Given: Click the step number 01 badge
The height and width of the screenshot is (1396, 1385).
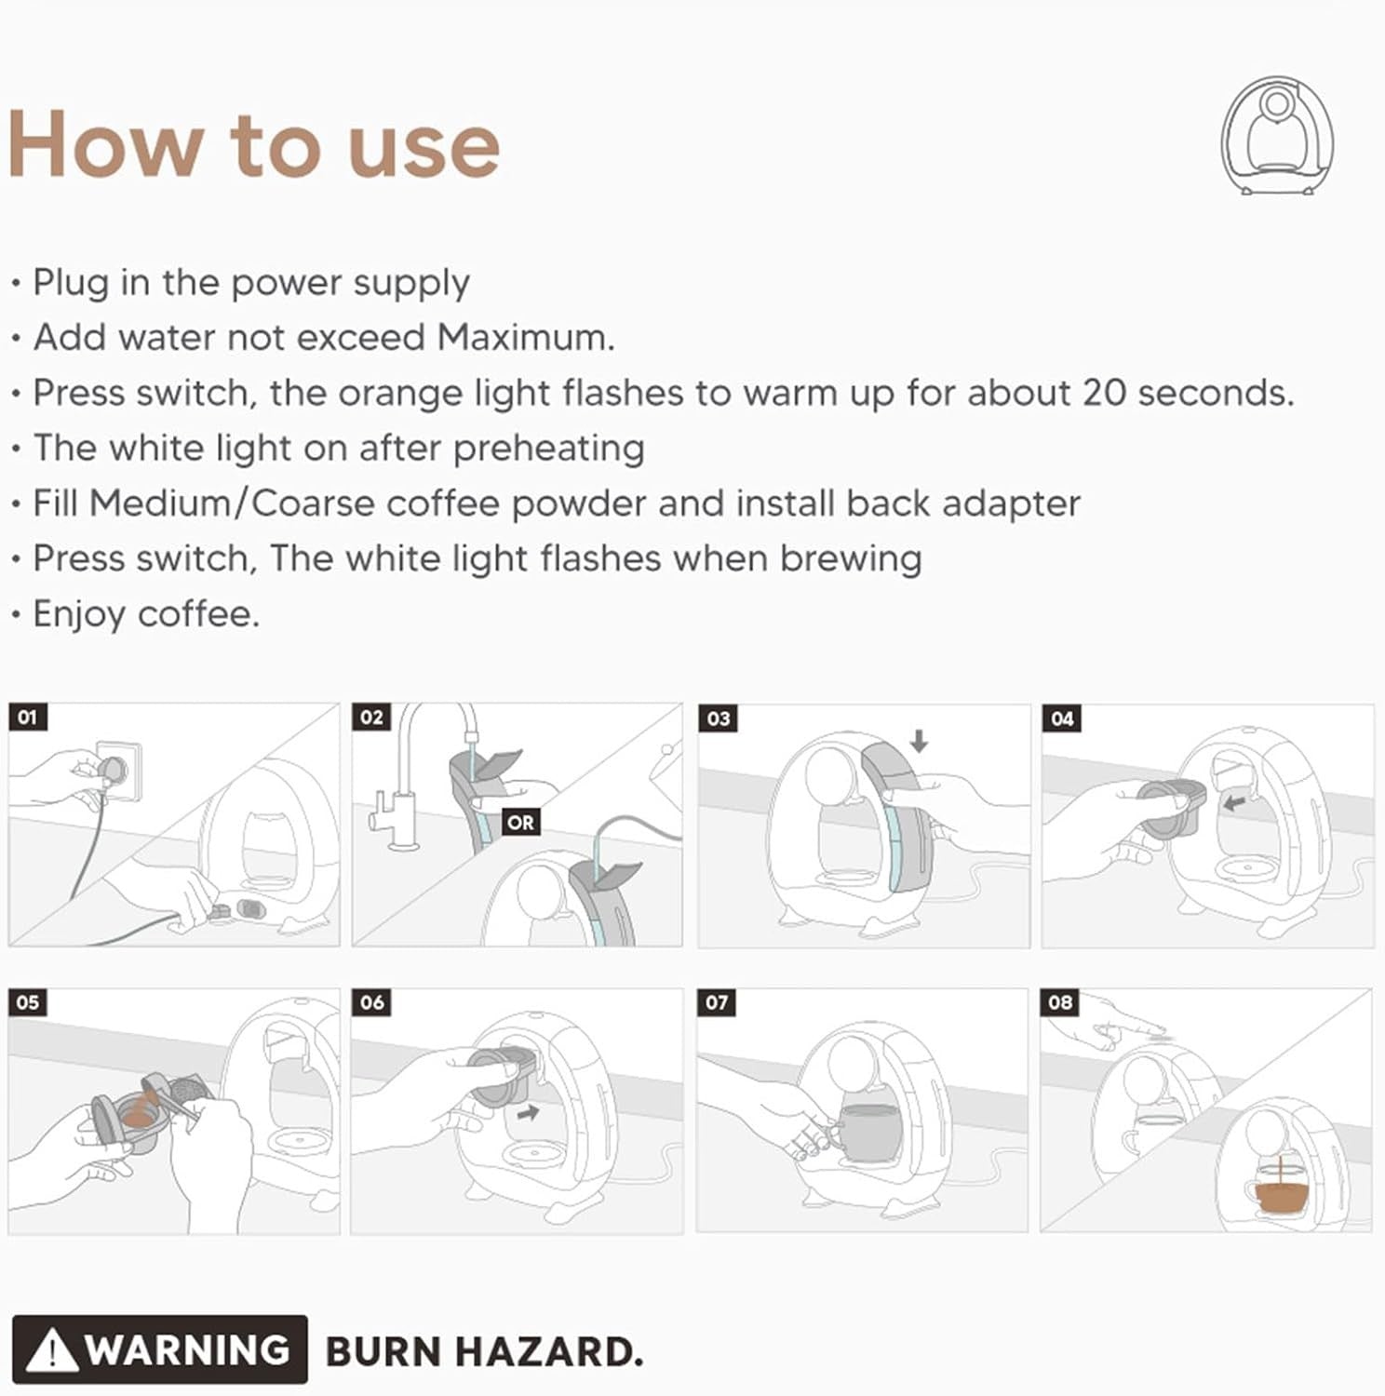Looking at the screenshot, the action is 27,718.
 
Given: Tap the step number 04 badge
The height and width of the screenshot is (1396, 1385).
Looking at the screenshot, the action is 1062,718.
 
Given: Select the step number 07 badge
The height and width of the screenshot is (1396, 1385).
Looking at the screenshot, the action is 717,1002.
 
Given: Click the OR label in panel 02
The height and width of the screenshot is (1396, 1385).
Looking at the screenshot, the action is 521,823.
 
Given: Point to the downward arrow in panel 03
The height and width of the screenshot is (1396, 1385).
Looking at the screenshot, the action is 920,741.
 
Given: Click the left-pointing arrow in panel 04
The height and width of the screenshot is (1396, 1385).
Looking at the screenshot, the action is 1234,800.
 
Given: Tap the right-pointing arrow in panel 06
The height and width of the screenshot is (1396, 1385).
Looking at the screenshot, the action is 529,1110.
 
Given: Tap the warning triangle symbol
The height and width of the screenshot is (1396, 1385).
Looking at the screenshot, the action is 52,1350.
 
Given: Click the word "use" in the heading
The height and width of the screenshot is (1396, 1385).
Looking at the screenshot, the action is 424,148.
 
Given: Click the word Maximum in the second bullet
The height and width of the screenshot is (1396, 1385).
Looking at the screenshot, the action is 526,337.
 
